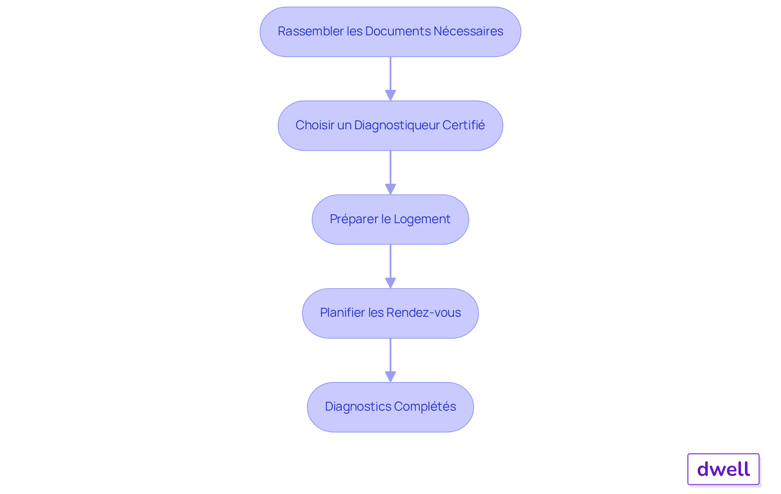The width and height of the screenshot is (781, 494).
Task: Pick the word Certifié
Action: click(x=463, y=125)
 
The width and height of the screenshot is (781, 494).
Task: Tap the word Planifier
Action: click(x=342, y=313)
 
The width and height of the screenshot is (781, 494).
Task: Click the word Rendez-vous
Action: click(x=423, y=313)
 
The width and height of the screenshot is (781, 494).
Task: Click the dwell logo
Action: click(x=723, y=469)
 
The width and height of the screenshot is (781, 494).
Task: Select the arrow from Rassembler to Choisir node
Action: click(x=390, y=75)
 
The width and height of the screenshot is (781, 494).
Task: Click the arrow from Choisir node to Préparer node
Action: click(x=390, y=169)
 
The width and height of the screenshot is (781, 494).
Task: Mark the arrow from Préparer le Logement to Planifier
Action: click(x=390, y=263)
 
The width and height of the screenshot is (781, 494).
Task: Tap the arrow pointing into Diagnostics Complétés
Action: click(x=390, y=357)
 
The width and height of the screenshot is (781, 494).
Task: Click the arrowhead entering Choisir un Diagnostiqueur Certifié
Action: click(x=390, y=95)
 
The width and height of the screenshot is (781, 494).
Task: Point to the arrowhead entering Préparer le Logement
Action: click(x=390, y=189)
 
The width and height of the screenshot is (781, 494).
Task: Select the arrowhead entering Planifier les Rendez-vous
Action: click(x=390, y=283)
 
